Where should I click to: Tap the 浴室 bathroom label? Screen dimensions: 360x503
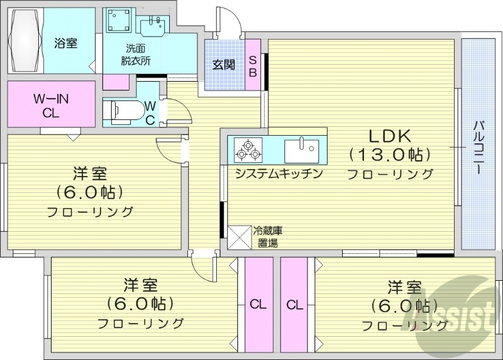(65, 43)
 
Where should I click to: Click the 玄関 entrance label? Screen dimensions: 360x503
(223, 64)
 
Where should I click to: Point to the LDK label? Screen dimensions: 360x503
(389, 135)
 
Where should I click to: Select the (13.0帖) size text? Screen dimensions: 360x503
(389, 154)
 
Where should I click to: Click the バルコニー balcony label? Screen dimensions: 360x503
(478, 145)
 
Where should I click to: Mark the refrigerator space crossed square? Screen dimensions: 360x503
(240, 237)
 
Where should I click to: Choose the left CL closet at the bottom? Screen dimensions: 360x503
(258, 305)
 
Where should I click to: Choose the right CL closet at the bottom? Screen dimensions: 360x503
(294, 305)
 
